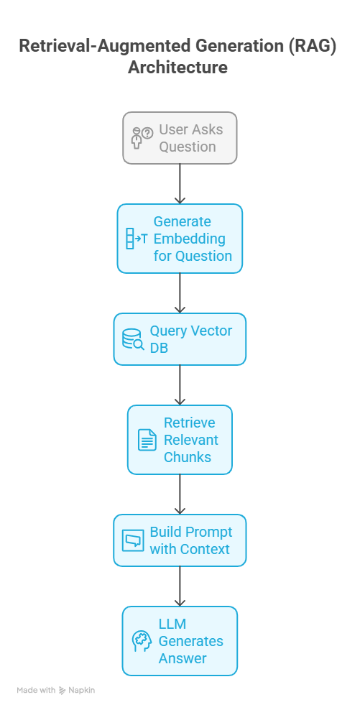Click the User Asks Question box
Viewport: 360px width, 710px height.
click(180, 138)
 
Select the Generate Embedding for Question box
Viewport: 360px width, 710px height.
click(180, 239)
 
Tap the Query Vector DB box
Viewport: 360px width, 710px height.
click(180, 339)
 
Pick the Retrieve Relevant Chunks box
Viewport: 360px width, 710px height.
click(180, 440)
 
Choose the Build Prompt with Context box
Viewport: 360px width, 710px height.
click(180, 540)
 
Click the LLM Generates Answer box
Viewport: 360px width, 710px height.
click(180, 641)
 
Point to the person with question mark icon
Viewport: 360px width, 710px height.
click(142, 138)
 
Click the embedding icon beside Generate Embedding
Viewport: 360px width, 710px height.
click(136, 239)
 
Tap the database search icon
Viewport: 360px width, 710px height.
click(133, 339)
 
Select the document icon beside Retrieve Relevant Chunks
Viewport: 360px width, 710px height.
click(147, 440)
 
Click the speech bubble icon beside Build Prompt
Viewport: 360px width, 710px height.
click(133, 540)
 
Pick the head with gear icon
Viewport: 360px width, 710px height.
click(142, 641)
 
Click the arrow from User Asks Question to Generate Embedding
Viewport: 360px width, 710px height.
click(180, 184)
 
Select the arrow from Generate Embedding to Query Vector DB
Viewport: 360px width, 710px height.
click(180, 293)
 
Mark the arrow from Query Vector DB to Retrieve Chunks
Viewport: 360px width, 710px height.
click(180, 385)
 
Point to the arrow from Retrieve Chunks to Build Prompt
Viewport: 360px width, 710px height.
click(180, 494)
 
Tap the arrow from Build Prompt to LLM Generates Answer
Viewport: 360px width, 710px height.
click(180, 586)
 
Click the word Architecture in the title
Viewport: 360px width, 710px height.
click(177, 68)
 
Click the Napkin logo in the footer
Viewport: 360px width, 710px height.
click(77, 690)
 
